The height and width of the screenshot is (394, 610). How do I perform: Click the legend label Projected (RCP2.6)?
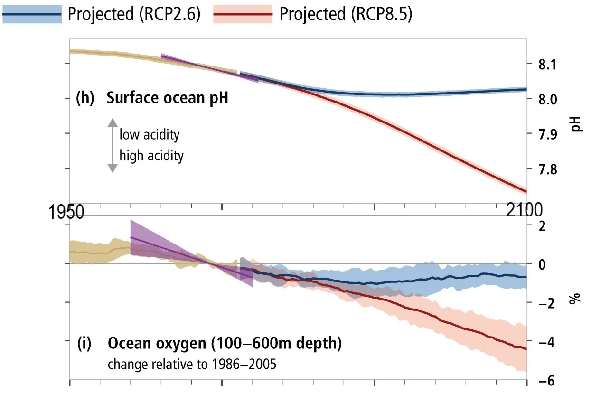coord(134,15)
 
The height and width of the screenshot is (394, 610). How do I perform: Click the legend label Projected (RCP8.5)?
coord(346,15)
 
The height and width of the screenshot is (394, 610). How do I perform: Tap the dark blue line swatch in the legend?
coord(32,15)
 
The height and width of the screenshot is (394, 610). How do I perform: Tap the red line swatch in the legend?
coord(244,15)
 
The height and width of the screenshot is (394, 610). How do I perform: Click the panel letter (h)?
coord(85,99)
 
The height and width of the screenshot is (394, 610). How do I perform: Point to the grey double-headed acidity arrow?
coord(112,145)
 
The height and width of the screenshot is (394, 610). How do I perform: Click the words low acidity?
coord(149,135)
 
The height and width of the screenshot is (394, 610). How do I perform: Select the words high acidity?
coord(151,155)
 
